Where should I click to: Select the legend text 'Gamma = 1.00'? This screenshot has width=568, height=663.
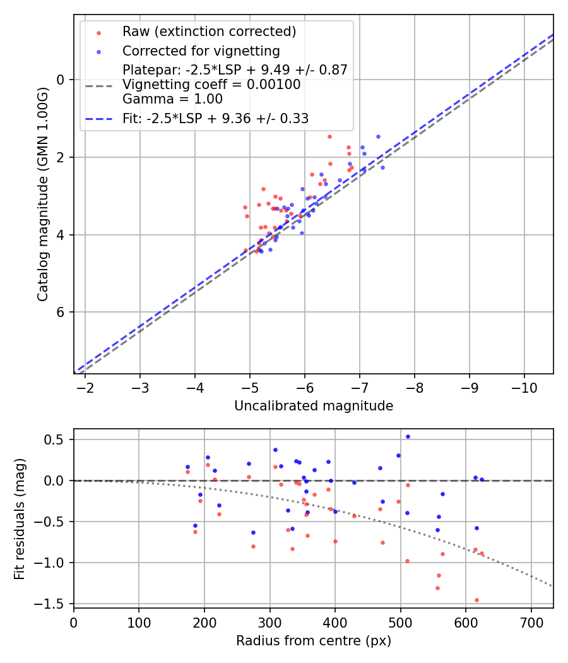pyautogui.click(x=172, y=99)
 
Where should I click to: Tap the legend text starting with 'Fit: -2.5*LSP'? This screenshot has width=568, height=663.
pyautogui.click(x=215, y=118)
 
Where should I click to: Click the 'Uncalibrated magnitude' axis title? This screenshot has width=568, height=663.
pyautogui.click(x=314, y=406)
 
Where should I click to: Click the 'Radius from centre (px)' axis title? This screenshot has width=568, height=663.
pyautogui.click(x=314, y=641)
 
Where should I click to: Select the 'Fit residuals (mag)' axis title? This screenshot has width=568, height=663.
pyautogui.click(x=20, y=518)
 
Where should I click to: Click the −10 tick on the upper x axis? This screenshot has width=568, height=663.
pyautogui.click(x=523, y=387)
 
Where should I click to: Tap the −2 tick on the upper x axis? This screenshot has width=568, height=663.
pyautogui.click(x=85, y=387)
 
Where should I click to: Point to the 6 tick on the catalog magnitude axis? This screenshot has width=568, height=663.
pyautogui.click(x=61, y=313)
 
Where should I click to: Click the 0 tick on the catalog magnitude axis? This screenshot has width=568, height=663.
pyautogui.click(x=61, y=80)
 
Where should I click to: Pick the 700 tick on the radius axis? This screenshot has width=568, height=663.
pyautogui.click(x=531, y=621)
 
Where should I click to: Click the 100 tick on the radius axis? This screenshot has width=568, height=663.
pyautogui.click(x=139, y=621)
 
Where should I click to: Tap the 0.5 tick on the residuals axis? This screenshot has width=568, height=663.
pyautogui.click(x=57, y=439)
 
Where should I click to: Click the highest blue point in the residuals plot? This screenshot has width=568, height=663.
pyautogui.click(x=408, y=436)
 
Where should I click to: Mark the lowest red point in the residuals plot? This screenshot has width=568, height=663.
pyautogui.click(x=476, y=600)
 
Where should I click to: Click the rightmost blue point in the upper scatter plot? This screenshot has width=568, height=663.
pyautogui.click(x=382, y=167)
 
